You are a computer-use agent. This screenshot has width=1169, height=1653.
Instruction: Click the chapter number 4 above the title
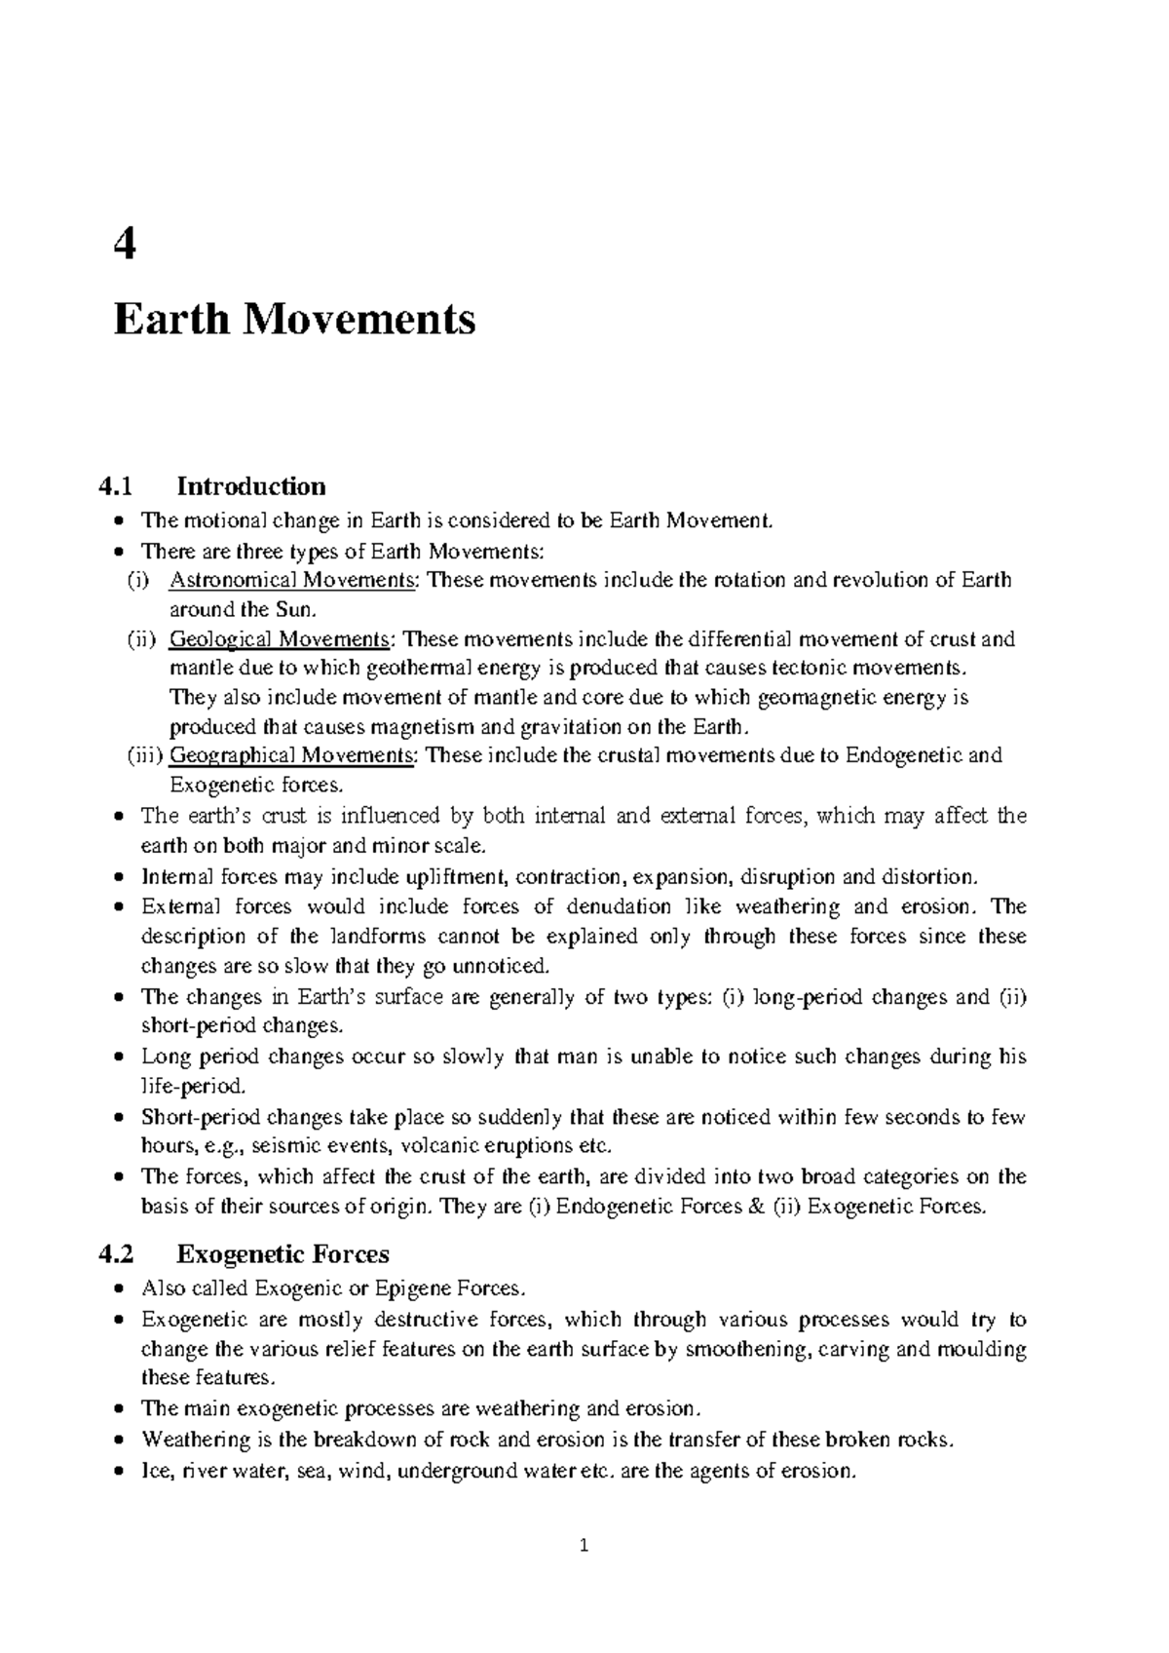click(x=125, y=246)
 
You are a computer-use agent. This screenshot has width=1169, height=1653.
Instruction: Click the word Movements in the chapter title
click(x=359, y=320)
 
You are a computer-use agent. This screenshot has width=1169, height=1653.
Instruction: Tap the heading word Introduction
click(x=250, y=485)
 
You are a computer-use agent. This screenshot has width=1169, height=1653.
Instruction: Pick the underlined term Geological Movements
click(x=280, y=639)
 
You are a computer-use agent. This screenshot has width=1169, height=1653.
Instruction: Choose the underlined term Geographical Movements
click(x=292, y=755)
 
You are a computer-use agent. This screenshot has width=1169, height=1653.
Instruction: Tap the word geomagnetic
click(x=814, y=698)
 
